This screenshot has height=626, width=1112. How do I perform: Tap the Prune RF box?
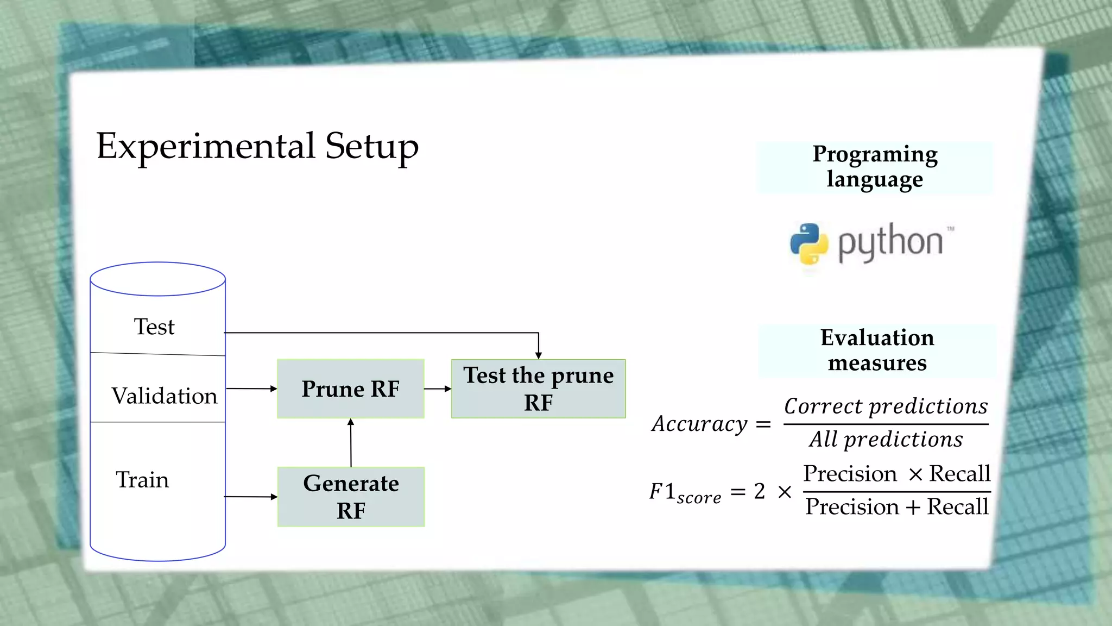point(350,389)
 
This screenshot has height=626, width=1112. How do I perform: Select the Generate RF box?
point(351,497)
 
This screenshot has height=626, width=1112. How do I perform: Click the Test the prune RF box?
point(538,389)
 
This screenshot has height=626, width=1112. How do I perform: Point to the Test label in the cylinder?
point(154,327)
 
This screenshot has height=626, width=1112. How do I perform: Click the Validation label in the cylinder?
point(164,396)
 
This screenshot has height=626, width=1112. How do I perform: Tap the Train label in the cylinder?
point(142,480)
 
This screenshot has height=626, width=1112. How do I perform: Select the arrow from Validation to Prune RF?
point(251,389)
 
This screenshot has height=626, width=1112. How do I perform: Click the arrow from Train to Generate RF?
point(250,497)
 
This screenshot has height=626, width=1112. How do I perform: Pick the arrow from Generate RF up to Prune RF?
point(351,442)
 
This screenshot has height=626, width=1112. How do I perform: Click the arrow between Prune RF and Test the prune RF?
point(438,389)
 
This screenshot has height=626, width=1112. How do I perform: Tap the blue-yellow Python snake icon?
point(809,243)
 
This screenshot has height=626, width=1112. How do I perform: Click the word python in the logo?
point(890,242)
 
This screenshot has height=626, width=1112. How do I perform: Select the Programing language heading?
point(875,167)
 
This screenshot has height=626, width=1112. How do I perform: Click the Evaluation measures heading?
point(877,350)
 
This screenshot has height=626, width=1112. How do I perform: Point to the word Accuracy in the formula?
point(700,424)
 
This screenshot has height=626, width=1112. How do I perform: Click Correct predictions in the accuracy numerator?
point(886,406)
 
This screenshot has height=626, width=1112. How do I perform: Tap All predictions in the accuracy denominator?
point(886,440)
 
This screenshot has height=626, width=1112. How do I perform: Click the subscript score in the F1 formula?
point(699,498)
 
